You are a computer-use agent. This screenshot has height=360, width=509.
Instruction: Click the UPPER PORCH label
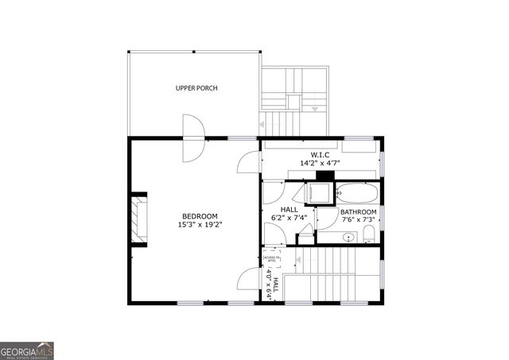click(x=196, y=88)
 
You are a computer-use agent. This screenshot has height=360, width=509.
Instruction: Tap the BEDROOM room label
click(x=200, y=216)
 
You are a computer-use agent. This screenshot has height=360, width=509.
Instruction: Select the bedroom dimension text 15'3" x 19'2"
click(x=200, y=225)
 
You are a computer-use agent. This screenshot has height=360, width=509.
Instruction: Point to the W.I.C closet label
click(x=321, y=154)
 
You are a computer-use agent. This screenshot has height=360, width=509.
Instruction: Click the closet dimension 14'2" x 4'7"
click(x=321, y=163)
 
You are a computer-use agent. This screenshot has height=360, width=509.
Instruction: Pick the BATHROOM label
click(x=358, y=212)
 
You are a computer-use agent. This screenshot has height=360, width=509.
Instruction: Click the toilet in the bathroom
click(x=368, y=234)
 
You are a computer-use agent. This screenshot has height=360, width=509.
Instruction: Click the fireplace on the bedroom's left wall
click(x=141, y=217)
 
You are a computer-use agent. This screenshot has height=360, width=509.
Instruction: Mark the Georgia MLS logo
click(x=27, y=350)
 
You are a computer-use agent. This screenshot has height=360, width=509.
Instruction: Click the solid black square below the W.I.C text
click(x=323, y=176)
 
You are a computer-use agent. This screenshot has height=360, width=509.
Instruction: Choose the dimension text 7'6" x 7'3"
click(x=359, y=221)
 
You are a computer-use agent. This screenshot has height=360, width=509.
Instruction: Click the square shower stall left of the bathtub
click(x=320, y=192)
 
